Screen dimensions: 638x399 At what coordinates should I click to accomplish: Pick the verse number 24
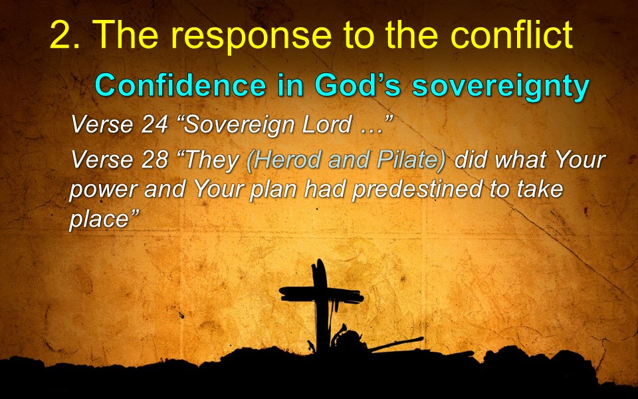click(155, 124)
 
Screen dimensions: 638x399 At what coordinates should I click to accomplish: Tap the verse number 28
click(155, 160)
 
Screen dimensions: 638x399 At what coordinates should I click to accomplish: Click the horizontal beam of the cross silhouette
click(321, 295)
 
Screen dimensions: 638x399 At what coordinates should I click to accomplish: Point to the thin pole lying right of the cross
click(395, 344)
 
